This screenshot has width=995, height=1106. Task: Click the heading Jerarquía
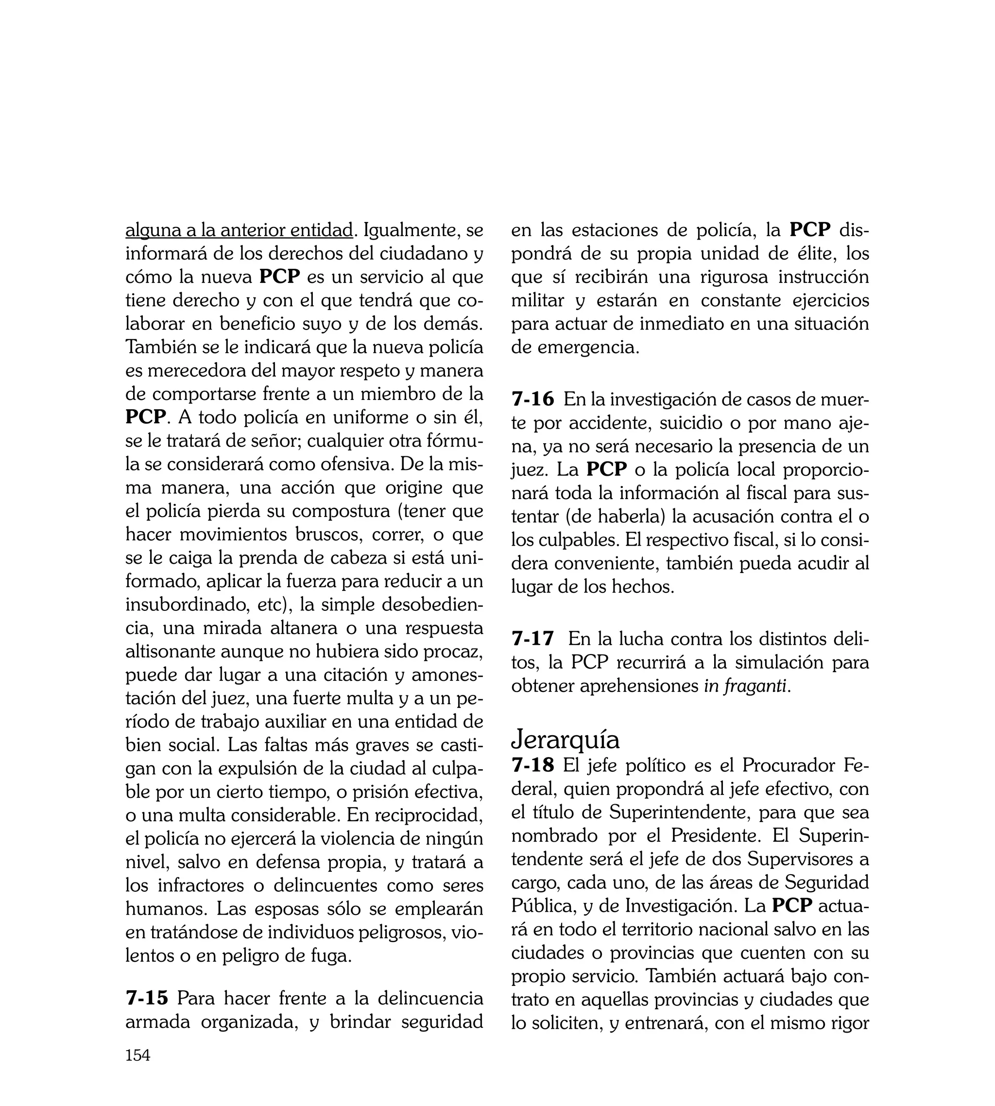click(x=566, y=740)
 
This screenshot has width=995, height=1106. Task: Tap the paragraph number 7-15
click(x=147, y=998)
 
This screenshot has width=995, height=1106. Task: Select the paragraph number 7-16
click(x=532, y=399)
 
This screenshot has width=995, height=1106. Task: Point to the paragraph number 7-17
click(x=532, y=639)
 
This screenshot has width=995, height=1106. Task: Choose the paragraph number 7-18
click(x=532, y=765)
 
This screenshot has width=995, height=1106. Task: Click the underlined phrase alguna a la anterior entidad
click(x=239, y=231)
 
